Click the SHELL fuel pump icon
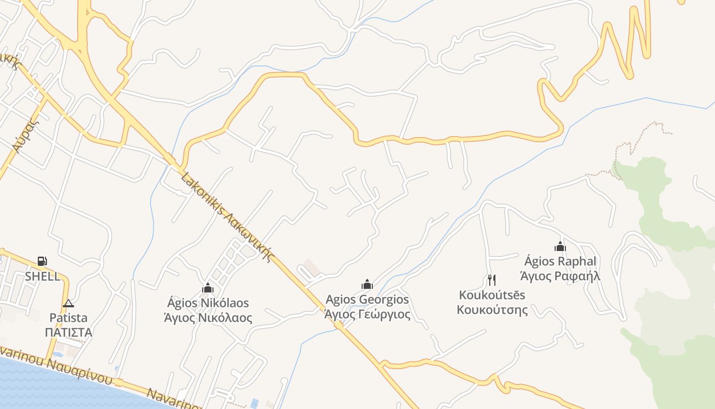click(42, 261)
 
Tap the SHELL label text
click(42, 277)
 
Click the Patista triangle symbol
click(68, 303)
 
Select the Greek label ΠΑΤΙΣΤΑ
click(68, 332)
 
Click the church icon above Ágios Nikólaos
click(207, 288)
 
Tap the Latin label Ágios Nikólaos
click(208, 303)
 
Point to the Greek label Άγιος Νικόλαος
click(208, 317)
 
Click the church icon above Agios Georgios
click(367, 284)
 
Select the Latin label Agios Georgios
click(367, 299)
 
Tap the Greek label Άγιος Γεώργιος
click(367, 314)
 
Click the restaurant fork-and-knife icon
click(491, 280)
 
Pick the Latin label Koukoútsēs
click(492, 295)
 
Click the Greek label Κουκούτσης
click(492, 310)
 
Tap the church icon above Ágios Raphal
click(560, 246)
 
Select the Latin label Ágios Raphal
click(560, 261)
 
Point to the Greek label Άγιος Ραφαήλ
click(560, 276)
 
